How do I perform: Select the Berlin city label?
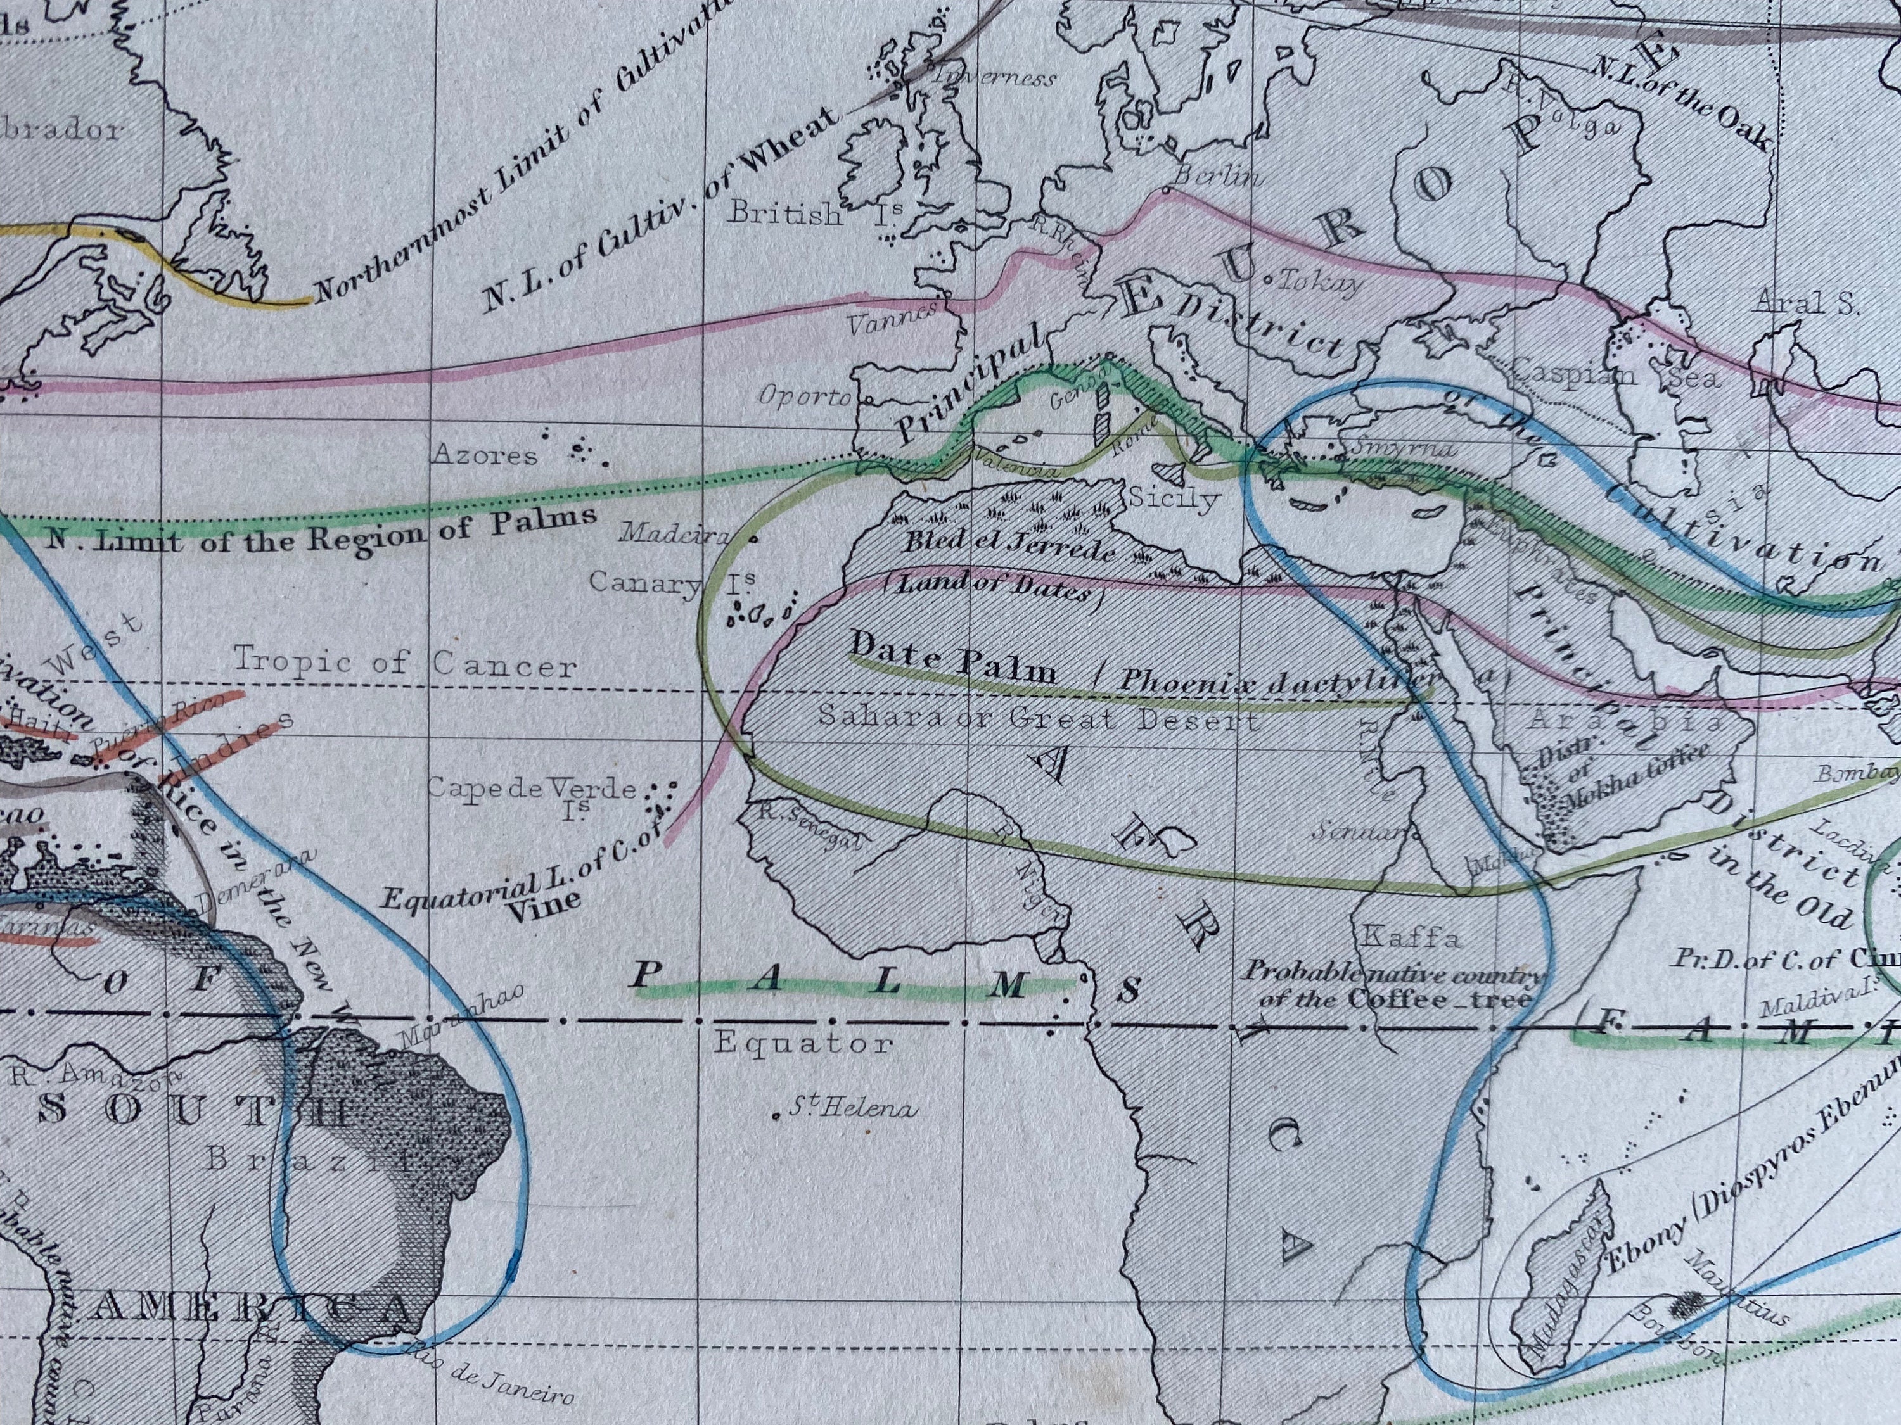tap(1218, 177)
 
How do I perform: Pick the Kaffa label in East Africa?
tap(1412, 938)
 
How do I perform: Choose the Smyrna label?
tap(1402, 448)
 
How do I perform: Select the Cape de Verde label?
tap(532, 788)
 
